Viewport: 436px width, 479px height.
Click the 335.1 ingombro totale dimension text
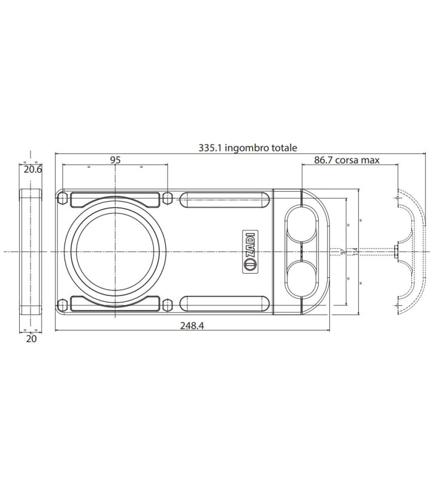coord(247,147)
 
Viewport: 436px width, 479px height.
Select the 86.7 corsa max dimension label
coord(347,160)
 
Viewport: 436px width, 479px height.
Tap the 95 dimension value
coord(116,160)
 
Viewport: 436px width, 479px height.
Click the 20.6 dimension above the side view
coord(31,169)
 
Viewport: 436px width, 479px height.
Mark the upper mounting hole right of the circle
coord(168,198)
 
